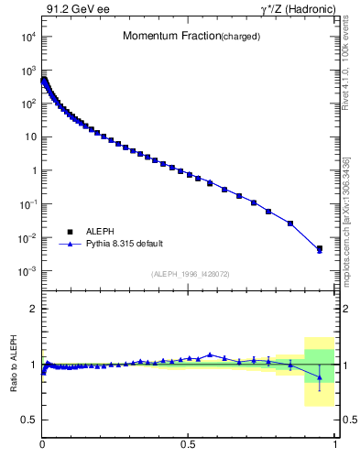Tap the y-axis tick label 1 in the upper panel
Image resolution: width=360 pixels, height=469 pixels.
[32, 171]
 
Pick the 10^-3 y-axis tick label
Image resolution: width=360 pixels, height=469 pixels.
[26, 272]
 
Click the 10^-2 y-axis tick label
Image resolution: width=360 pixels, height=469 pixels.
[26, 238]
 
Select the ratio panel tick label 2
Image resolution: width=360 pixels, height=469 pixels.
[33, 309]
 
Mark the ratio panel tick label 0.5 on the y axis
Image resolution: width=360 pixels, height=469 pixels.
[27, 420]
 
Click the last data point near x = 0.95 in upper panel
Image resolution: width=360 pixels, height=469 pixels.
[319, 248]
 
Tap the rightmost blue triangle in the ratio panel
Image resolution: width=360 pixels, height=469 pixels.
[319, 376]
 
